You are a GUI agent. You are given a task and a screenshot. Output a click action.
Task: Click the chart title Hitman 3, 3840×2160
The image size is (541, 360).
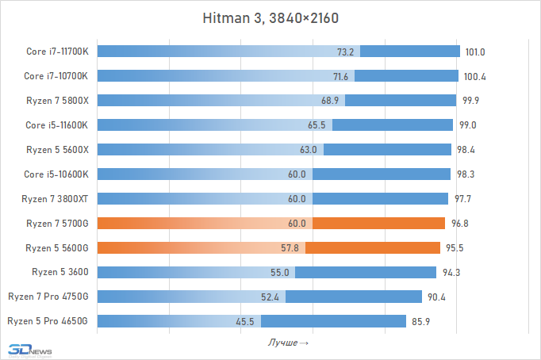point(270,17)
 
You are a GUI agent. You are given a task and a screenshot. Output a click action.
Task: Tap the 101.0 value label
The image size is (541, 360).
point(474,52)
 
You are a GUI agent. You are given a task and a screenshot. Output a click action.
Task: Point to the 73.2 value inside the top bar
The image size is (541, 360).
point(346,52)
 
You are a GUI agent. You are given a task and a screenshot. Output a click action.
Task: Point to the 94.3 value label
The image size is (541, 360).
point(450,272)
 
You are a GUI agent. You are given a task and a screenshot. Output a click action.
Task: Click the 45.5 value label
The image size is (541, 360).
point(246,321)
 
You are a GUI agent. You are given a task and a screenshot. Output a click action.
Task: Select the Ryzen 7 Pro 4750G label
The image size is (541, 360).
point(53,297)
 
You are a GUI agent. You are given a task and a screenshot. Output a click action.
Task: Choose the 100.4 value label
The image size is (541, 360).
point(472,76)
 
